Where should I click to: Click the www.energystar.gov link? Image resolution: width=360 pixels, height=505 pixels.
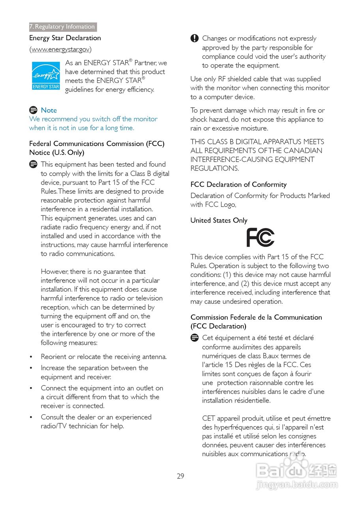pos(60,49)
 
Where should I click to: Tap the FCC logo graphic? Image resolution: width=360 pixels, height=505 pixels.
pos(260,238)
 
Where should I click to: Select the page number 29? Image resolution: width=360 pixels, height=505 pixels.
pos(180,476)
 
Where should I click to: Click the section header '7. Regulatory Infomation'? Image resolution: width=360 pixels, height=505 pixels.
pos(62,27)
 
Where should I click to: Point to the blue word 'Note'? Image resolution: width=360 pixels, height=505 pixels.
pos(49,110)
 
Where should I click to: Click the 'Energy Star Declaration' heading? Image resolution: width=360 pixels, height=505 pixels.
pos(65,38)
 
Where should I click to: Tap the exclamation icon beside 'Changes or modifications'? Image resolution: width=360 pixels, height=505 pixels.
pos(195,39)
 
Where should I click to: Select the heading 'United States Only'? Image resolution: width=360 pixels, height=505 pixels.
pos(219,220)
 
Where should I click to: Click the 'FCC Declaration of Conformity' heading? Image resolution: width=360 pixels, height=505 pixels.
pos(238,184)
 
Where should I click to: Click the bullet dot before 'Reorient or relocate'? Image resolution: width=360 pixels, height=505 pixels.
pos(31,357)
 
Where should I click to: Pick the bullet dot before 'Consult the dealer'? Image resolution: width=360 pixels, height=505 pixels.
pos(31,417)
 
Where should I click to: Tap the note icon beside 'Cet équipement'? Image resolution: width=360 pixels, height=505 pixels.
pos(194,338)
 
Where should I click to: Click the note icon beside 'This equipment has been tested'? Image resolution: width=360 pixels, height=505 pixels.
pos(33,165)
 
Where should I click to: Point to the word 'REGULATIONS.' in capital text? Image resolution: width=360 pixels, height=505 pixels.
pos(214,168)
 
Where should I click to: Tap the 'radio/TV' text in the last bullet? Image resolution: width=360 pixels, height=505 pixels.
pos(54,426)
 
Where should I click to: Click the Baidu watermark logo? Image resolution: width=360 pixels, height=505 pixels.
pos(297,472)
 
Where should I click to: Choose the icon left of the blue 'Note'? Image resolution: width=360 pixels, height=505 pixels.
pos(33,110)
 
